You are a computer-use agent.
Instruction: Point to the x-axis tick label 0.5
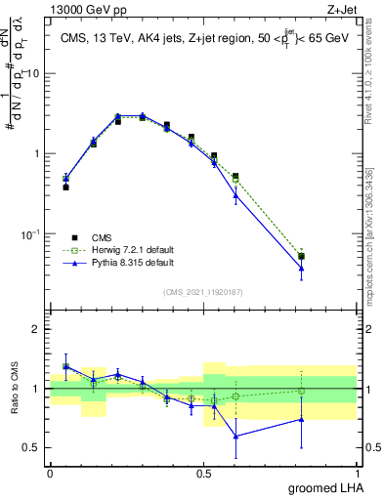point(203,473)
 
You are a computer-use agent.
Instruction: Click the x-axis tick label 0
point(50,473)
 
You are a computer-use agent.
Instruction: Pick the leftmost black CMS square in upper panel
point(65,187)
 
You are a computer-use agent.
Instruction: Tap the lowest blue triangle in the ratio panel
point(235,436)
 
